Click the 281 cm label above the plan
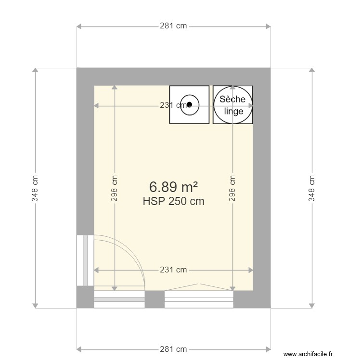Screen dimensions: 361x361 point(173,26)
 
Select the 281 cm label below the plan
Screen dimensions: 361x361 point(173,349)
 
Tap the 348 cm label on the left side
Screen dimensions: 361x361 point(35,188)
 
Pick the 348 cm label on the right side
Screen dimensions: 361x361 point(312,188)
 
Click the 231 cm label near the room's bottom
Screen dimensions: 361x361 point(173,270)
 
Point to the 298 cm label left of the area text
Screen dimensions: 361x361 point(115,188)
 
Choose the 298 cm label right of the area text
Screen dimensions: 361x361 point(233,188)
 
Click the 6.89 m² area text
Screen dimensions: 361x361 point(173,186)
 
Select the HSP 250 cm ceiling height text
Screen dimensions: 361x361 point(173,202)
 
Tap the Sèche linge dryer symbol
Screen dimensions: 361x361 point(232,104)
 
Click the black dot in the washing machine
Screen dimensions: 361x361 point(190,104)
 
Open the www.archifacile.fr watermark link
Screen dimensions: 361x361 point(308,354)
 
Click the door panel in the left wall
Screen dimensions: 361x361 point(85,260)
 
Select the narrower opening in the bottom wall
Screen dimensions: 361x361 point(119,299)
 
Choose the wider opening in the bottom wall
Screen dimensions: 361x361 point(199,299)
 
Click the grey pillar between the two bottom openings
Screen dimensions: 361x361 point(155,299)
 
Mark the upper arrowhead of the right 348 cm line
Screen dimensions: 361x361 point(312,70)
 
